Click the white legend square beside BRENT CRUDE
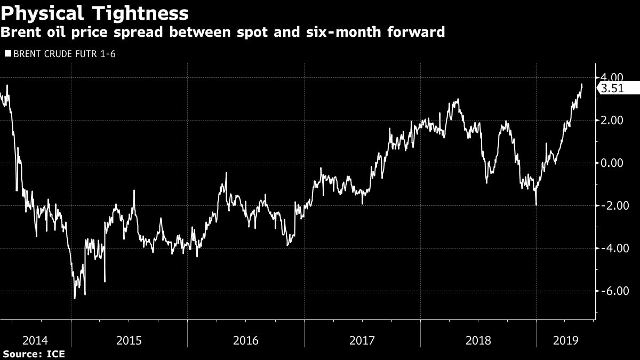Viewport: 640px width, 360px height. pyautogui.click(x=7, y=53)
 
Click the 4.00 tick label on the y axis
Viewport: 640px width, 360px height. pyautogui.click(x=611, y=77)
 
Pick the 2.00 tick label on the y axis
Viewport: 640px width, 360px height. pyautogui.click(x=611, y=120)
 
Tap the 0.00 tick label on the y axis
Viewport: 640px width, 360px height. pyautogui.click(x=611, y=163)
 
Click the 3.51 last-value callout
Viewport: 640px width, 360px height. pyautogui.click(x=613, y=89)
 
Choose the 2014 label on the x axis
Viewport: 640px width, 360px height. pyautogui.click(x=36, y=340)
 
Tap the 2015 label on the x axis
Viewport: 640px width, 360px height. pyautogui.click(x=129, y=340)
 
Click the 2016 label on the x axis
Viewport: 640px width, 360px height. pyautogui.click(x=245, y=340)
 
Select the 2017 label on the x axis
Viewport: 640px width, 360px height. pyautogui.click(x=362, y=340)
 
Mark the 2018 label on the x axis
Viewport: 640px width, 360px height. pyautogui.click(x=478, y=340)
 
